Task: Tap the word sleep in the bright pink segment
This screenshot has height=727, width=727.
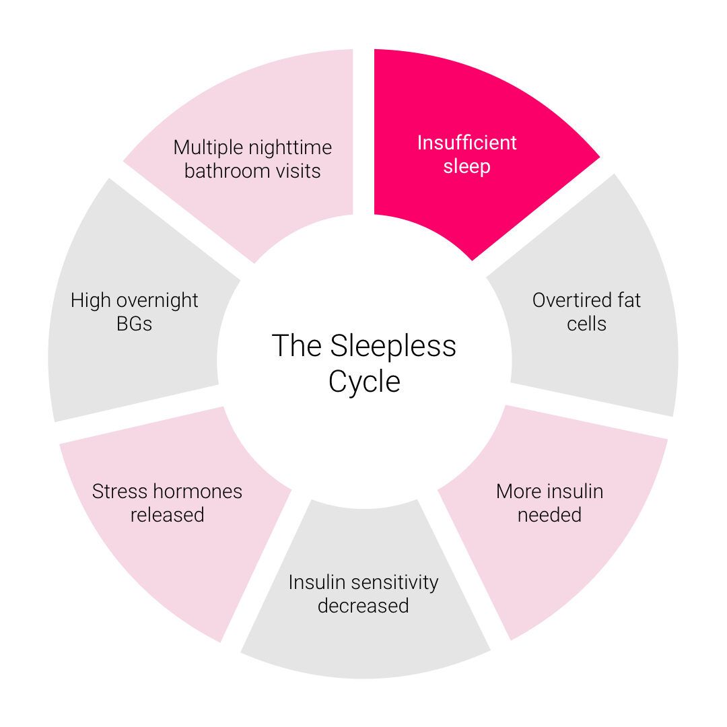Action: point(466,166)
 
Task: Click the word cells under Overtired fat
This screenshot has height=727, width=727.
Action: point(586,324)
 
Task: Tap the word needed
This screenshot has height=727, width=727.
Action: point(549,515)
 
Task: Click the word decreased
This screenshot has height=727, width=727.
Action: point(363,606)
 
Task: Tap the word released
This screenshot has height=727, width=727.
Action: point(167,515)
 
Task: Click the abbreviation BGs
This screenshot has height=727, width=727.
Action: point(135,324)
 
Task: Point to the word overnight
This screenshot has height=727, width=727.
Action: point(160,300)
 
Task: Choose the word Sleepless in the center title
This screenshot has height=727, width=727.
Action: point(392,346)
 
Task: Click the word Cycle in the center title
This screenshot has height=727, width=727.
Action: point(364,382)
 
